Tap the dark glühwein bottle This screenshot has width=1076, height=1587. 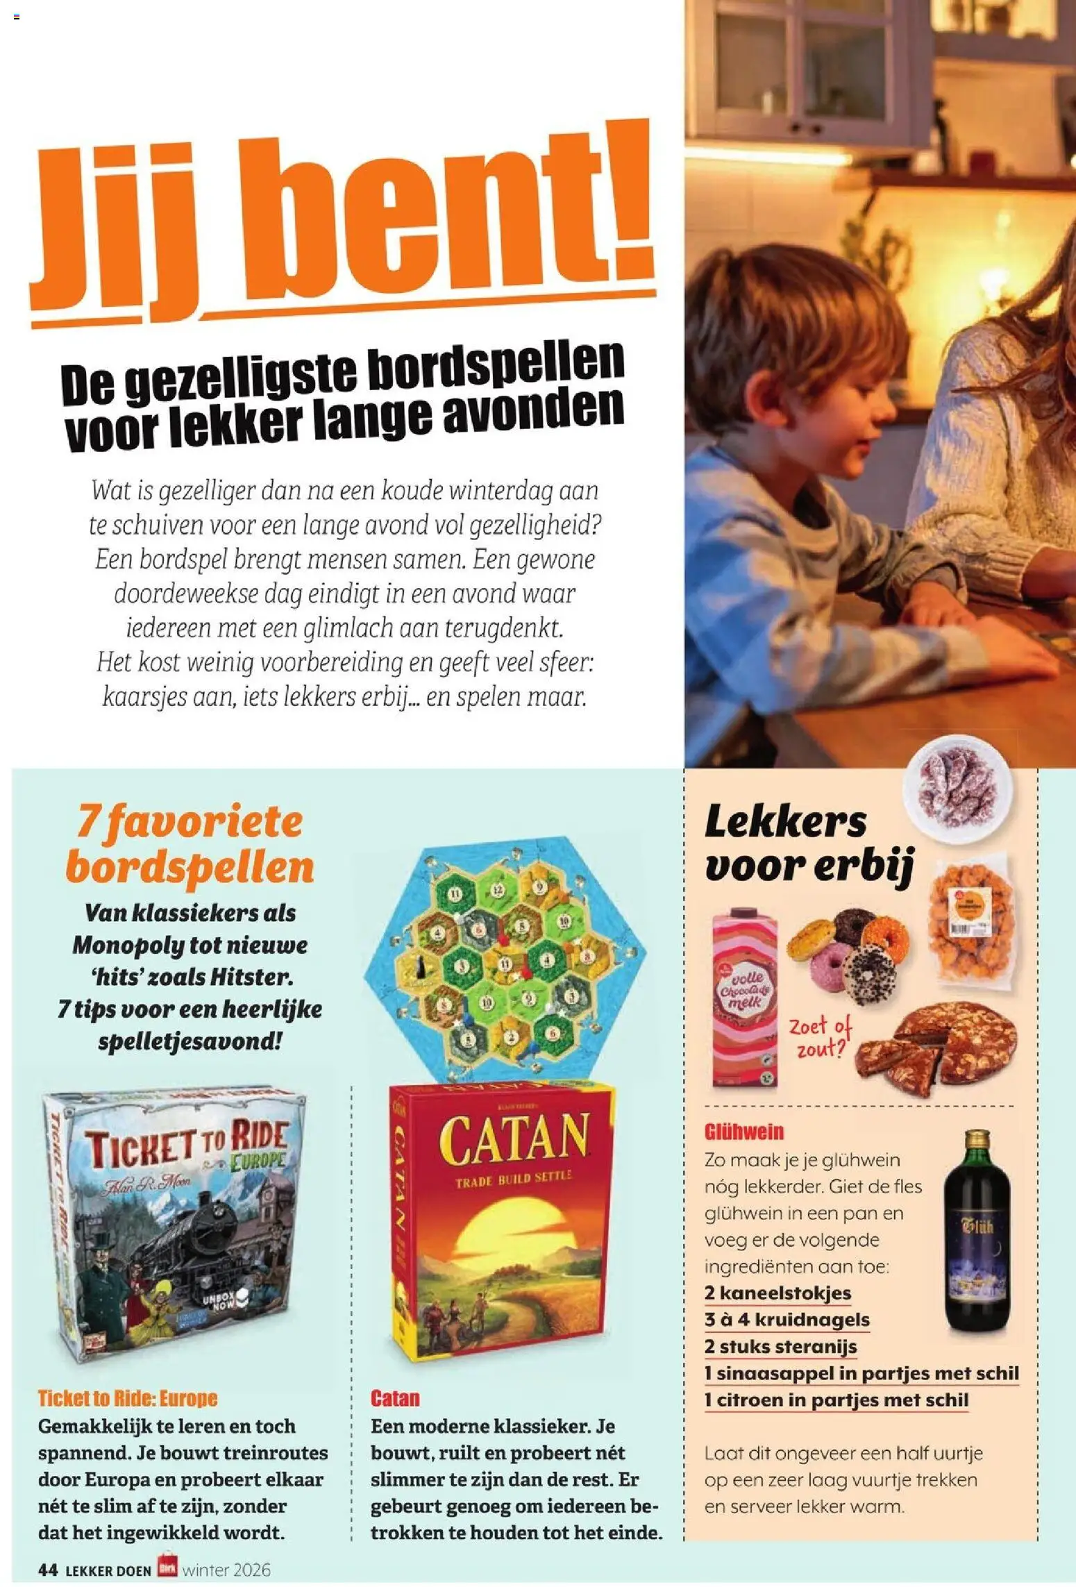(977, 1233)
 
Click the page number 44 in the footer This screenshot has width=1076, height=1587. (48, 1570)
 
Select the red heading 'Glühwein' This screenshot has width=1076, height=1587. (743, 1132)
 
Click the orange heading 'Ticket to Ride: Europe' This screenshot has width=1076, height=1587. (128, 1397)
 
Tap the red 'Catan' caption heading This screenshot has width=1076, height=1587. (395, 1397)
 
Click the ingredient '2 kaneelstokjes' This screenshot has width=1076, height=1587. (777, 1293)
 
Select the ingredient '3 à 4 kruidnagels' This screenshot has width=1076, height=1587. (787, 1319)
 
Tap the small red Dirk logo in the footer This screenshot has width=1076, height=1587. (167, 1567)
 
